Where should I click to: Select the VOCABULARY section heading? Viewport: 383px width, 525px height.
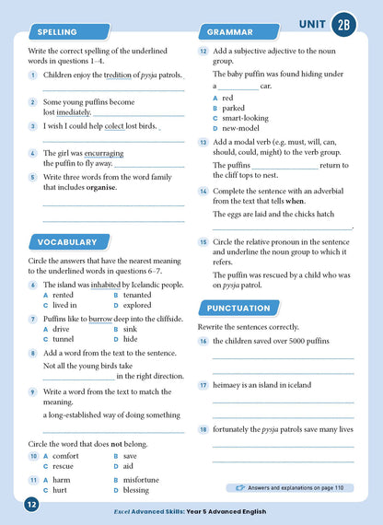coord(66,242)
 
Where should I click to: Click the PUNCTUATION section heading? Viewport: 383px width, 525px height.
coord(238,308)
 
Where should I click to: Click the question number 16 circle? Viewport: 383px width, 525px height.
coord(203,342)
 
